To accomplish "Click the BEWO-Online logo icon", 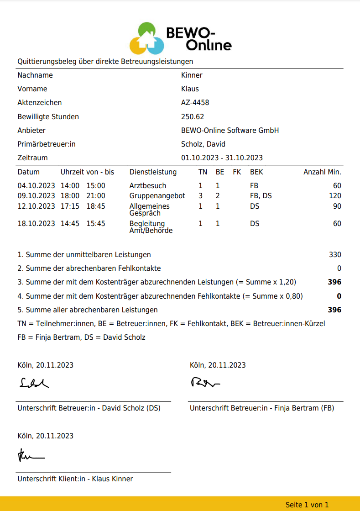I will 146,38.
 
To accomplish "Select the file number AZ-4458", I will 195,103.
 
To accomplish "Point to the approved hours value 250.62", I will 193,116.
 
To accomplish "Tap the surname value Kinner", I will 192,75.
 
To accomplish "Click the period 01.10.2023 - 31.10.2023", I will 222,158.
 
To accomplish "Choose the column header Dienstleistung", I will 153,172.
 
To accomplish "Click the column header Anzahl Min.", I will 322,172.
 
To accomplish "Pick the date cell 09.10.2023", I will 36,196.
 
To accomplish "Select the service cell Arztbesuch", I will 148,186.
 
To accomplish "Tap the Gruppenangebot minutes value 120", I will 335,196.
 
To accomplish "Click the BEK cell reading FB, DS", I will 261,196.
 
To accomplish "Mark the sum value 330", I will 335,255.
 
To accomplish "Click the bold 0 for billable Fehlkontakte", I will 339,296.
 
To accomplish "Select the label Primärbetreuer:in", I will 47,144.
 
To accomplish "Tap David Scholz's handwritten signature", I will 34,383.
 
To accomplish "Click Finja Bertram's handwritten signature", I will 205,382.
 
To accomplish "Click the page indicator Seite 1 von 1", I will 307,505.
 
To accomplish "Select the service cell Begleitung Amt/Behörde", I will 151,227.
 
